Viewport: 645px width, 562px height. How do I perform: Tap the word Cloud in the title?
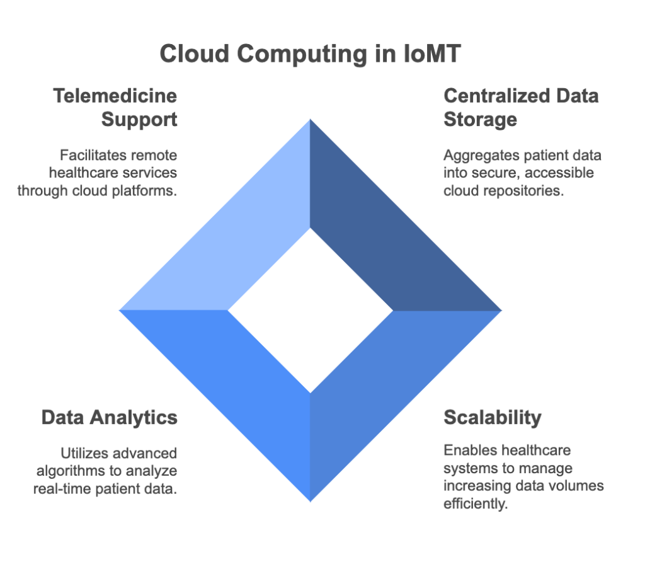tap(194, 54)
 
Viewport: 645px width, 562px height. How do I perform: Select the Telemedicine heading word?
tap(115, 96)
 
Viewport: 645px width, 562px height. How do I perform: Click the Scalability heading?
tap(493, 418)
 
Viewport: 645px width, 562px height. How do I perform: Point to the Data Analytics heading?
tap(110, 418)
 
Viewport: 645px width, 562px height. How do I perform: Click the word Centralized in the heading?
tap(497, 96)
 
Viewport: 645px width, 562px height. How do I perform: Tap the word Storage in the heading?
tap(480, 119)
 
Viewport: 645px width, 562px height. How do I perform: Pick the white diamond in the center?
tap(311, 311)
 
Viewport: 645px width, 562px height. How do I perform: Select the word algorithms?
tap(71, 471)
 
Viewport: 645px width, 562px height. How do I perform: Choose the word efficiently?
tap(476, 503)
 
